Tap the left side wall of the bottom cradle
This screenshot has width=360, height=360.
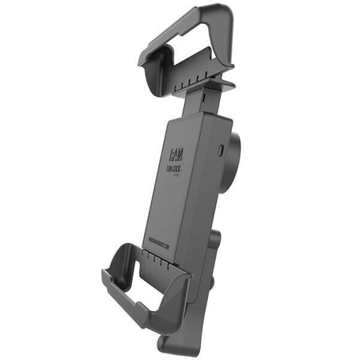pos(112,276)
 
